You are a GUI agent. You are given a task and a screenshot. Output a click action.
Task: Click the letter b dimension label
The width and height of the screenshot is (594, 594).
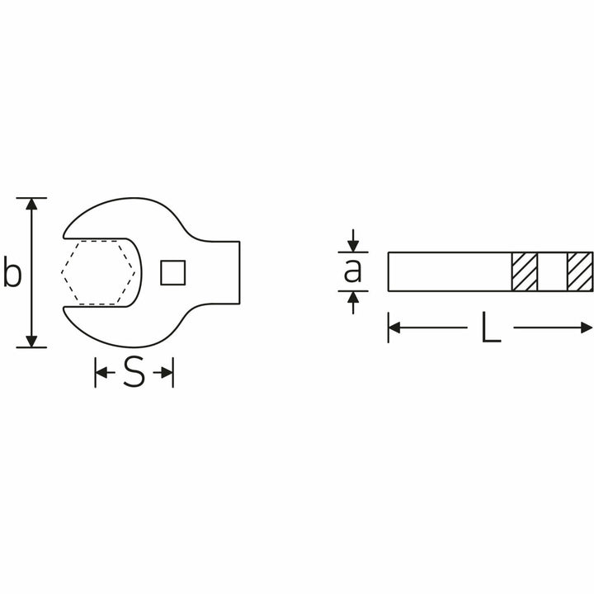pos(12,271)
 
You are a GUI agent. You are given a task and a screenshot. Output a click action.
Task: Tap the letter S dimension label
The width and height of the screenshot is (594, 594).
pos(134,371)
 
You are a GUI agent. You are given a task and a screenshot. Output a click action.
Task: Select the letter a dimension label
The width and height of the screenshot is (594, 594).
pos(353,271)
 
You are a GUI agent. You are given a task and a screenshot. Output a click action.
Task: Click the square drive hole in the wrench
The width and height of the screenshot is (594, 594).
pos(172,272)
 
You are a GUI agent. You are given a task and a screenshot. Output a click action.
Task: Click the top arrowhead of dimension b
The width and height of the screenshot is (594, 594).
pos(31,204)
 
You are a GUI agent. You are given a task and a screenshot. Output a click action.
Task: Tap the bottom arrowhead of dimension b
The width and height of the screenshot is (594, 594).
pos(31,341)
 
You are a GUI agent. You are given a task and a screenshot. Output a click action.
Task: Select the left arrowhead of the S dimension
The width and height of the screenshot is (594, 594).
pos(101,372)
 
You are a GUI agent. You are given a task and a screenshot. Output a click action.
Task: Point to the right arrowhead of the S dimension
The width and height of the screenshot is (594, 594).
pos(167,372)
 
